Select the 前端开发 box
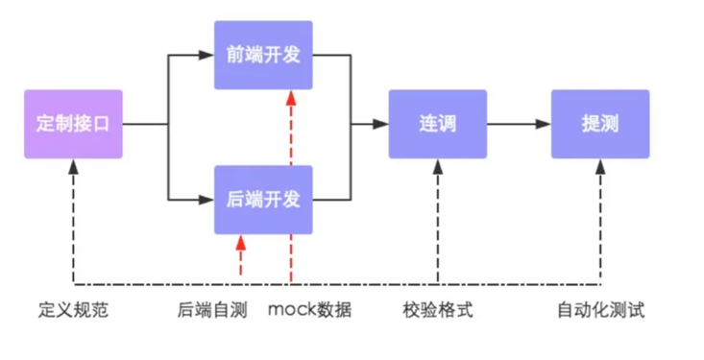click(262, 55)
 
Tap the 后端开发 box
click(262, 200)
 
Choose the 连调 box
click(437, 125)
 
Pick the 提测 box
click(599, 125)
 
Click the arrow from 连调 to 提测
click(518, 125)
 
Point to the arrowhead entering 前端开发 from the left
click(207, 55)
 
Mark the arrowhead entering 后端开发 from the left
click(207, 200)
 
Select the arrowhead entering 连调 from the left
click(381, 125)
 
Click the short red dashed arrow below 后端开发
click(241, 256)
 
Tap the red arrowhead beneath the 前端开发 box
click(290, 98)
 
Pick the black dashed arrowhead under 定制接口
click(74, 166)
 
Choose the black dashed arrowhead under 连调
click(438, 166)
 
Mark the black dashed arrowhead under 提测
click(600, 166)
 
